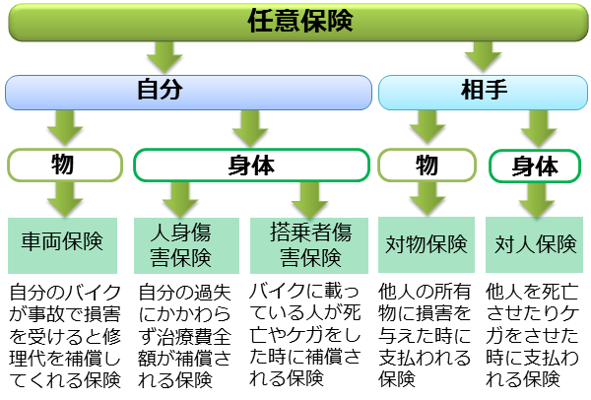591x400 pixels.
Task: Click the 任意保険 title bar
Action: click(x=295, y=22)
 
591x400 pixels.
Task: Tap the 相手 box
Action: click(x=483, y=92)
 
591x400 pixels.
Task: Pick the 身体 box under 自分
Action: click(x=250, y=165)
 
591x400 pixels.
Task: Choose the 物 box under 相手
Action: click(x=425, y=165)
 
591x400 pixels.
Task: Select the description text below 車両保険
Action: click(x=65, y=335)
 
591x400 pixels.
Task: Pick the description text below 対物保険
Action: click(x=426, y=335)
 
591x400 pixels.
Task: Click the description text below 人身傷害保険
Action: click(x=184, y=335)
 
